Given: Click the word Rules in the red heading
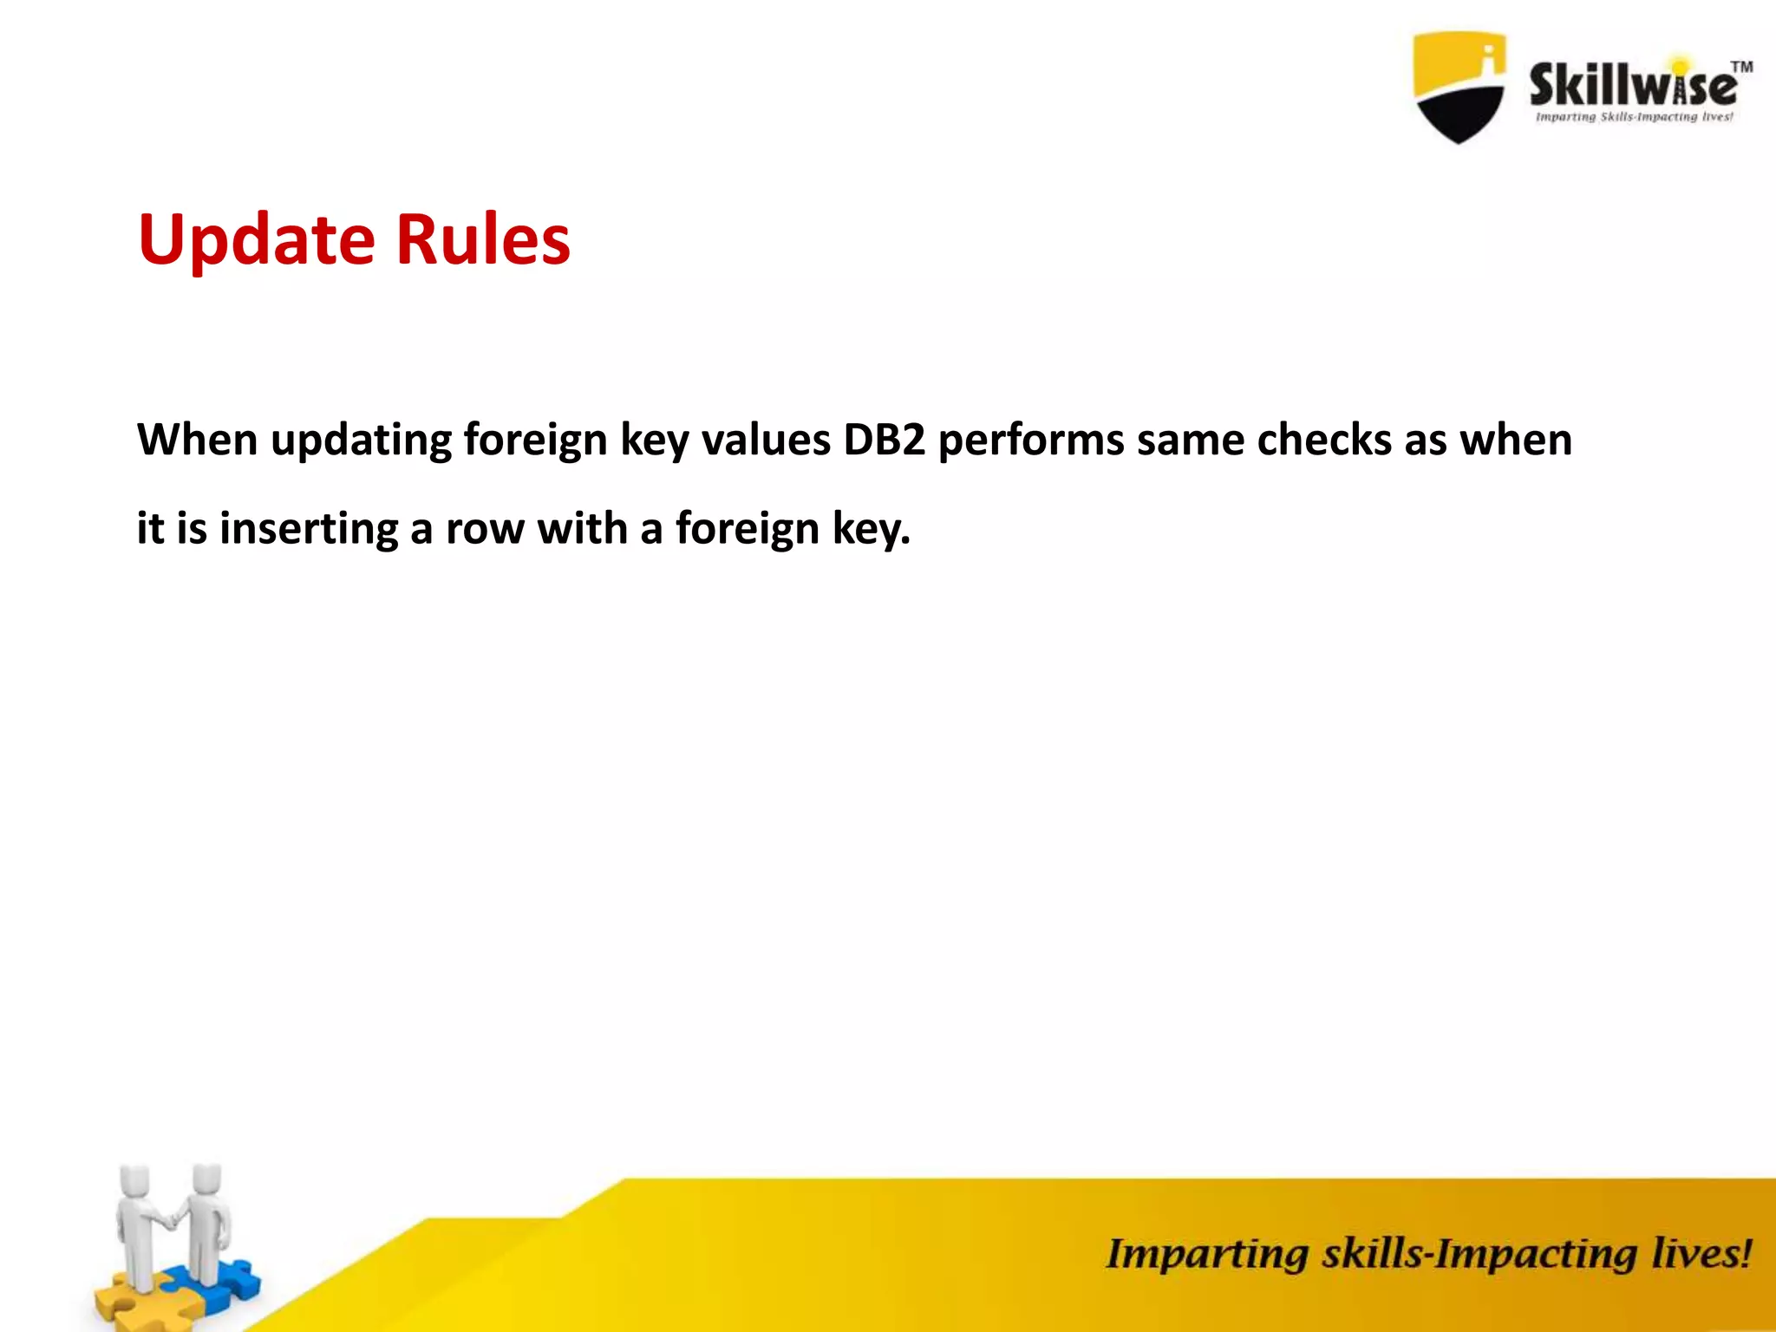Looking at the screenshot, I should [483, 239].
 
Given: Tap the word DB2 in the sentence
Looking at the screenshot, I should [884, 440].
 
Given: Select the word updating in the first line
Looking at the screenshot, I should [361, 441].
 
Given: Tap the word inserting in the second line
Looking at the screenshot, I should [309, 529].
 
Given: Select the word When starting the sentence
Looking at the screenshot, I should [197, 440].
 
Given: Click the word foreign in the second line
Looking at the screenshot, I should [747, 529].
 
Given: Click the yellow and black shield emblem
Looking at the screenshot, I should [1459, 87].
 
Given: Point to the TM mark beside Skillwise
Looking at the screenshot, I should [1741, 67].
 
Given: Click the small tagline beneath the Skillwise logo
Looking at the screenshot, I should [1634, 117].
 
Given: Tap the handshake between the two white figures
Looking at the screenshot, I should [172, 1218].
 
